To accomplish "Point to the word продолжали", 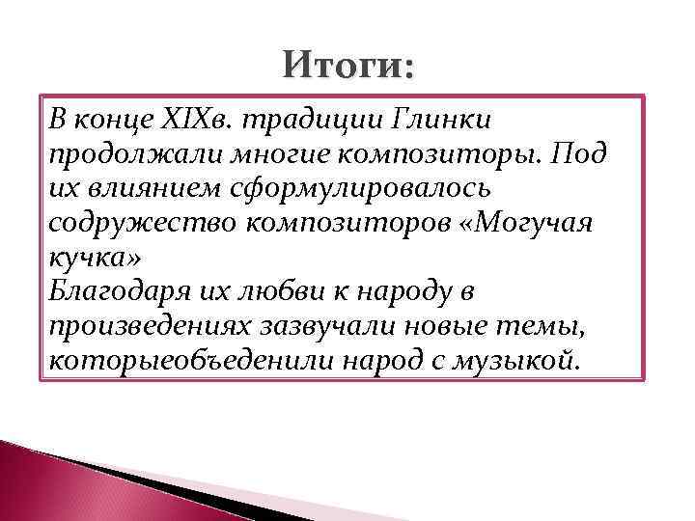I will (x=118, y=155).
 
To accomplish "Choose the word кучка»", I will (x=93, y=259).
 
